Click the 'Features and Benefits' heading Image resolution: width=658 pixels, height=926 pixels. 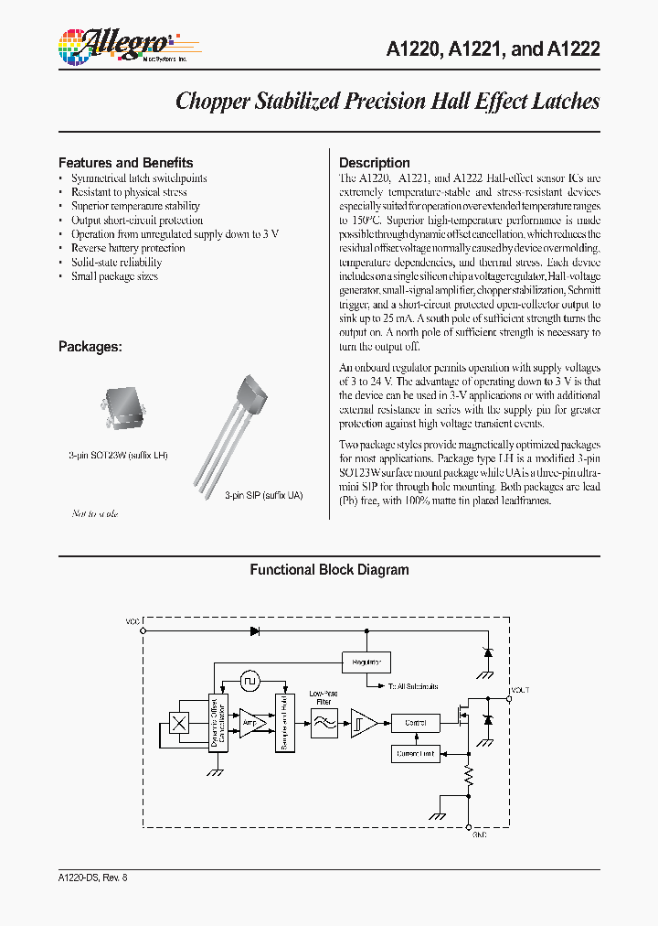pyautogui.click(x=125, y=163)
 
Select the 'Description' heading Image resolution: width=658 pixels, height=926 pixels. pyautogui.click(x=375, y=163)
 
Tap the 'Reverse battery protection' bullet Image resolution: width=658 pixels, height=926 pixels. pyautogui.click(x=128, y=248)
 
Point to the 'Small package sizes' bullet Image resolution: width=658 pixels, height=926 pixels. pyautogui.click(x=114, y=276)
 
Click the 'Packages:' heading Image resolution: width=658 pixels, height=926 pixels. pyautogui.click(x=90, y=347)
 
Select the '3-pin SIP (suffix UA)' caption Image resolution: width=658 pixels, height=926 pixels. pyautogui.click(x=264, y=495)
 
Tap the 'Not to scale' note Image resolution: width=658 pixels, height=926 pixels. pyautogui.click(x=95, y=513)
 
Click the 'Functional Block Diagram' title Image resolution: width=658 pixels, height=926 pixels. pyautogui.click(x=329, y=570)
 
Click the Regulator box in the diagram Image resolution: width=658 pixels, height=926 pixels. pyautogui.click(x=366, y=662)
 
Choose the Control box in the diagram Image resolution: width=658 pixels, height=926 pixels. pyautogui.click(x=415, y=723)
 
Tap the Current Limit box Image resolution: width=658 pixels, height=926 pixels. pyautogui.click(x=415, y=754)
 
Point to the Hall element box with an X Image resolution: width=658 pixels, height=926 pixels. pyautogui.click(x=181, y=723)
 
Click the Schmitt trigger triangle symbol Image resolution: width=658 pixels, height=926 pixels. pyautogui.click(x=363, y=723)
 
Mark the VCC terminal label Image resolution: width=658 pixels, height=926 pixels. pyautogui.click(x=133, y=621)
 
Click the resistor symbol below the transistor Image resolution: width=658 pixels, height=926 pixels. pyautogui.click(x=469, y=779)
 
